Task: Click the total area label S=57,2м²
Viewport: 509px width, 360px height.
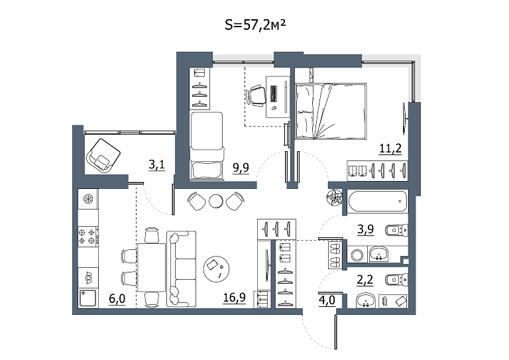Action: (255, 25)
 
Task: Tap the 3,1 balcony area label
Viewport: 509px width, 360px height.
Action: (157, 165)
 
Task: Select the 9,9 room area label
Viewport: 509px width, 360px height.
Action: (241, 168)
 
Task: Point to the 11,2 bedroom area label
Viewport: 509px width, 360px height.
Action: (390, 149)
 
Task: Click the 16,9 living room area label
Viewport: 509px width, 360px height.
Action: (235, 298)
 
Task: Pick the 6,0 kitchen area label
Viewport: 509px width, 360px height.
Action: (117, 298)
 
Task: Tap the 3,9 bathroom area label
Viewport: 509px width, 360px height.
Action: (366, 229)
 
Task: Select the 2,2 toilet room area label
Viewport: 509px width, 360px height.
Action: (365, 280)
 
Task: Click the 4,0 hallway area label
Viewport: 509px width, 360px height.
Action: (327, 300)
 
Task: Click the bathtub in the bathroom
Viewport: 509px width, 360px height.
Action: (377, 202)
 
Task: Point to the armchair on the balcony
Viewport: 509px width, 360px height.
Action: (103, 156)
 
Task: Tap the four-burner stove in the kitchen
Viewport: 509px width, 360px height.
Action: (88, 236)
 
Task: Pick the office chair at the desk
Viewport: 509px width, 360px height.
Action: (255, 95)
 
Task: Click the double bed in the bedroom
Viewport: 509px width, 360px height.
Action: (331, 111)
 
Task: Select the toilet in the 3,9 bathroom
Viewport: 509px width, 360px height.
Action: (396, 231)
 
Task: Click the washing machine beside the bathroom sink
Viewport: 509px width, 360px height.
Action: (357, 254)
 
